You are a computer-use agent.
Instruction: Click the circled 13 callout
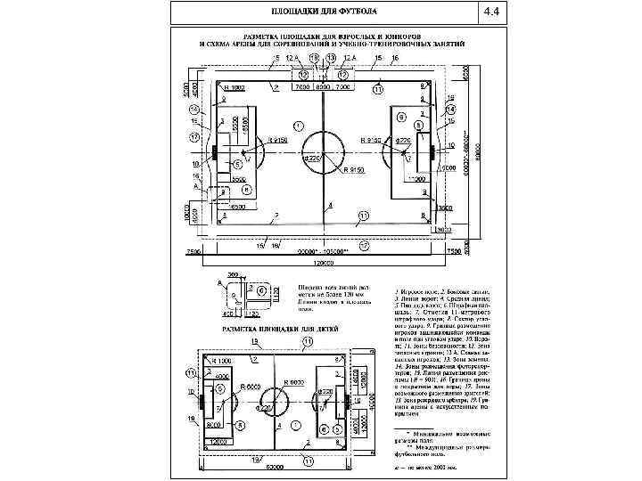[331, 58]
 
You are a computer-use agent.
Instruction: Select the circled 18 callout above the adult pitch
[313, 58]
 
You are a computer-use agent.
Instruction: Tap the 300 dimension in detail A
[232, 276]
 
